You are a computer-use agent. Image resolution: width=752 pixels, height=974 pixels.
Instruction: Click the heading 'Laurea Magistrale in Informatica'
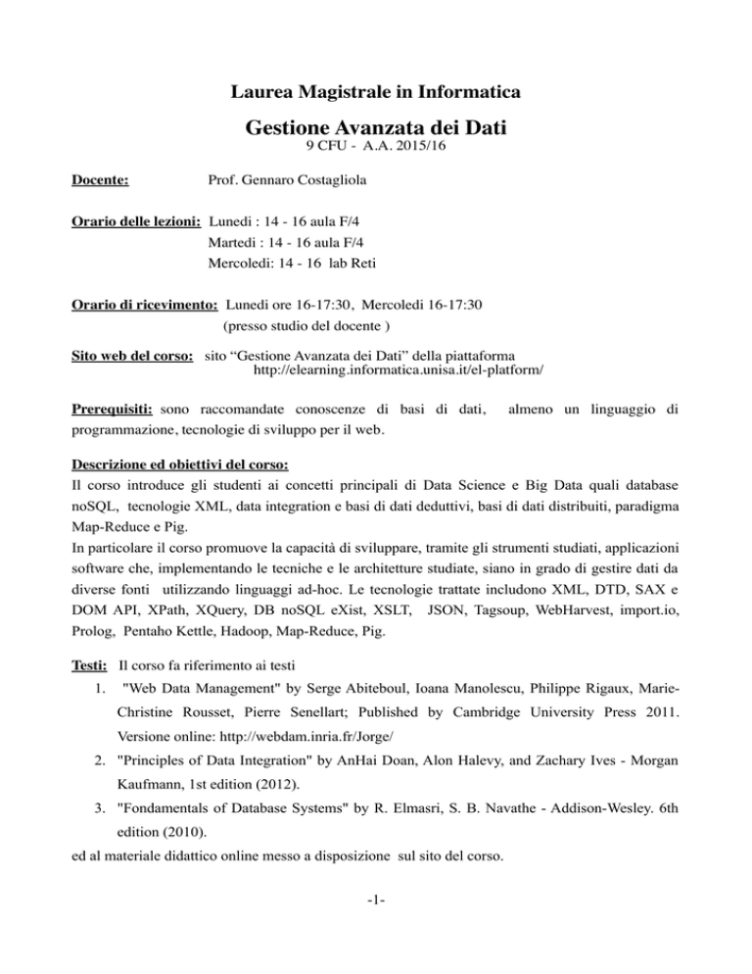[x=375, y=94]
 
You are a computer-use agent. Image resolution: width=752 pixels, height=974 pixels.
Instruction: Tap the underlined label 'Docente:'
[x=105, y=182]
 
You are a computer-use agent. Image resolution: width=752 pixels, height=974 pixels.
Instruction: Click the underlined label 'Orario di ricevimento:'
[x=146, y=306]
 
